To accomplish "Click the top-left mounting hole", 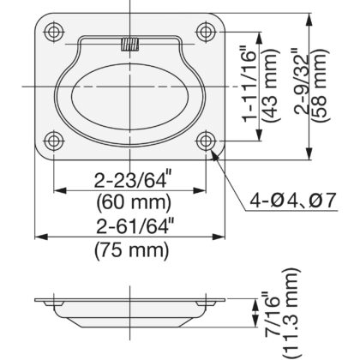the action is click(54, 32).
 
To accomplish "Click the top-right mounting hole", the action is click(206, 32).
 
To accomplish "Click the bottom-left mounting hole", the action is click(54, 141).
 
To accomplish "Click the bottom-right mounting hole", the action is click(206, 141).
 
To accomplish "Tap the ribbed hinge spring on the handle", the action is click(130, 45).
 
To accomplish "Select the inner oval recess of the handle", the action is click(130, 96).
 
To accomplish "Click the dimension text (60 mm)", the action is click(134, 202).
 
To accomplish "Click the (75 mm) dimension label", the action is click(132, 250).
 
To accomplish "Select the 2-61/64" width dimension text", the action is click(135, 226).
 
